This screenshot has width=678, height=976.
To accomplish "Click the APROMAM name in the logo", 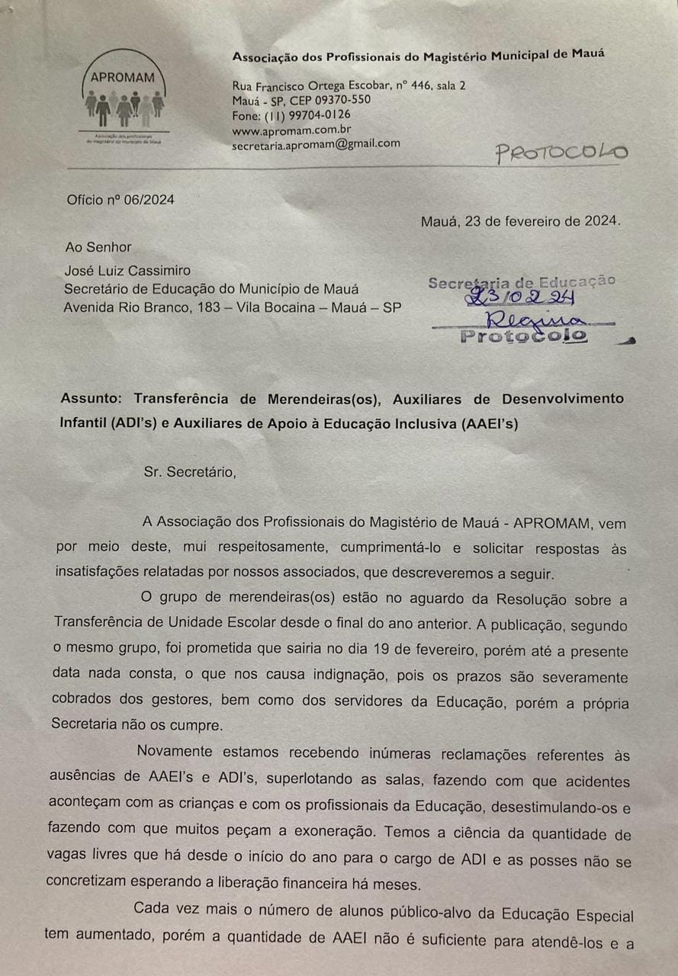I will click(122, 76).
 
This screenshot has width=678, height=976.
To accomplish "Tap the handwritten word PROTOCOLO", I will click(561, 152).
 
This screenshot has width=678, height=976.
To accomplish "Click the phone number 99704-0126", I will click(319, 115).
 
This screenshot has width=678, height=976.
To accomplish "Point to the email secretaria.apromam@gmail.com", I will click(316, 143).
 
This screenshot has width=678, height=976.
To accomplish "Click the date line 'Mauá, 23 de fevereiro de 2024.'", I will click(521, 222).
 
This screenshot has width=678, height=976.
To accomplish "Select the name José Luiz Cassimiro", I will click(127, 270).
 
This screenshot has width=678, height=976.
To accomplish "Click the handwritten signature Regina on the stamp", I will click(525, 319).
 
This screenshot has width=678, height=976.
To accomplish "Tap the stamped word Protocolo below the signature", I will click(523, 335).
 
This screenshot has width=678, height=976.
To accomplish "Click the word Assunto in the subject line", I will click(92, 399).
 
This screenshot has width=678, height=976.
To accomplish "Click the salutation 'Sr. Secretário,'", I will click(190, 471).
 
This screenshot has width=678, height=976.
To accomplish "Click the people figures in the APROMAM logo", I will click(124, 108).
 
